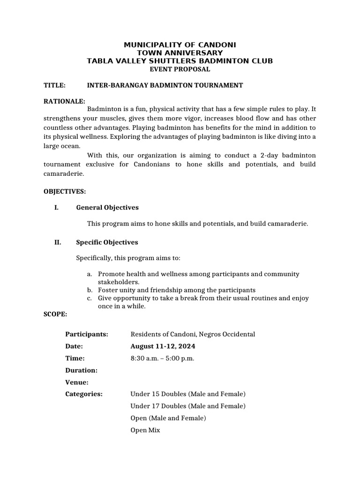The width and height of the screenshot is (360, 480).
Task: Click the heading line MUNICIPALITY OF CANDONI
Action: [x=180, y=45]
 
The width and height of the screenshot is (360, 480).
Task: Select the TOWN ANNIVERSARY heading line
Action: [x=180, y=53]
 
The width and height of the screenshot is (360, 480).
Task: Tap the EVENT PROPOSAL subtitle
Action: [x=180, y=69]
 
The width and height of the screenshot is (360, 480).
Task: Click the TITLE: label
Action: [x=54, y=85]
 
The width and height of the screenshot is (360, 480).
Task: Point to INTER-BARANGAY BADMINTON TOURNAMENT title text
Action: [x=165, y=85]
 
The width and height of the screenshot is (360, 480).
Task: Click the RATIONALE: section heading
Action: [x=64, y=101]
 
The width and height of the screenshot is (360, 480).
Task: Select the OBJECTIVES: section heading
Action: [x=65, y=192]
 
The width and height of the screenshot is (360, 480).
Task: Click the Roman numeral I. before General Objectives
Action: [x=57, y=208]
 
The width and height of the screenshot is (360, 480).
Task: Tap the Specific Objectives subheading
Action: [x=107, y=242]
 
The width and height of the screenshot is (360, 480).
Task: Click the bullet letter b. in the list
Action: [x=89, y=290]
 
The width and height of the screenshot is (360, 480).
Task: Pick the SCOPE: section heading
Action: [x=55, y=314]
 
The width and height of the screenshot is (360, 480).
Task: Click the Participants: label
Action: [x=87, y=334]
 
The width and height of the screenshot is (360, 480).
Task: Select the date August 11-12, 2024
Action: [x=163, y=346]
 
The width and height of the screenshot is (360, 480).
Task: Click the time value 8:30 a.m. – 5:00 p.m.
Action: [x=162, y=359]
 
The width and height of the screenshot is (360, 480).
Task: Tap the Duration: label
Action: [x=82, y=370]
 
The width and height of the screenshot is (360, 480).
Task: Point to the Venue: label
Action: [x=77, y=382]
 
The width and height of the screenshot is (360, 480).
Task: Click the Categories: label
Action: [x=84, y=394]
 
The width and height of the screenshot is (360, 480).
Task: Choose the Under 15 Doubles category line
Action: [x=188, y=394]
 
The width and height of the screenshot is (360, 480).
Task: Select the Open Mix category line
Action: [x=145, y=430]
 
